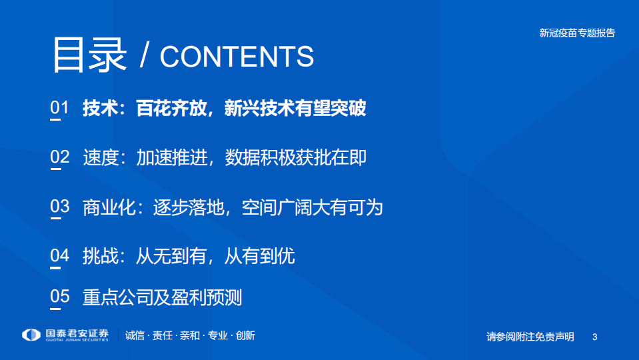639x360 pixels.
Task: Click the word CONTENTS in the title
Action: pyautogui.click(x=237, y=57)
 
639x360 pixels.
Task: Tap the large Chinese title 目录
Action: pyautogui.click(x=89, y=55)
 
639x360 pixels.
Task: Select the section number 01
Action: pyautogui.click(x=59, y=108)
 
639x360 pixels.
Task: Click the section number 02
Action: pyautogui.click(x=59, y=157)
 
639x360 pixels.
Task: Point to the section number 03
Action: pyautogui.click(x=59, y=207)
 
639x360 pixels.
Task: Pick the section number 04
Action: pyautogui.click(x=59, y=255)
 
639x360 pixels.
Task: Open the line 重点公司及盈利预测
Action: pyautogui.click(x=162, y=297)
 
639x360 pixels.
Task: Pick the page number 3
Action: pyautogui.click(x=594, y=337)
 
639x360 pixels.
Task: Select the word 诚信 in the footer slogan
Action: pyautogui.click(x=135, y=336)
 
